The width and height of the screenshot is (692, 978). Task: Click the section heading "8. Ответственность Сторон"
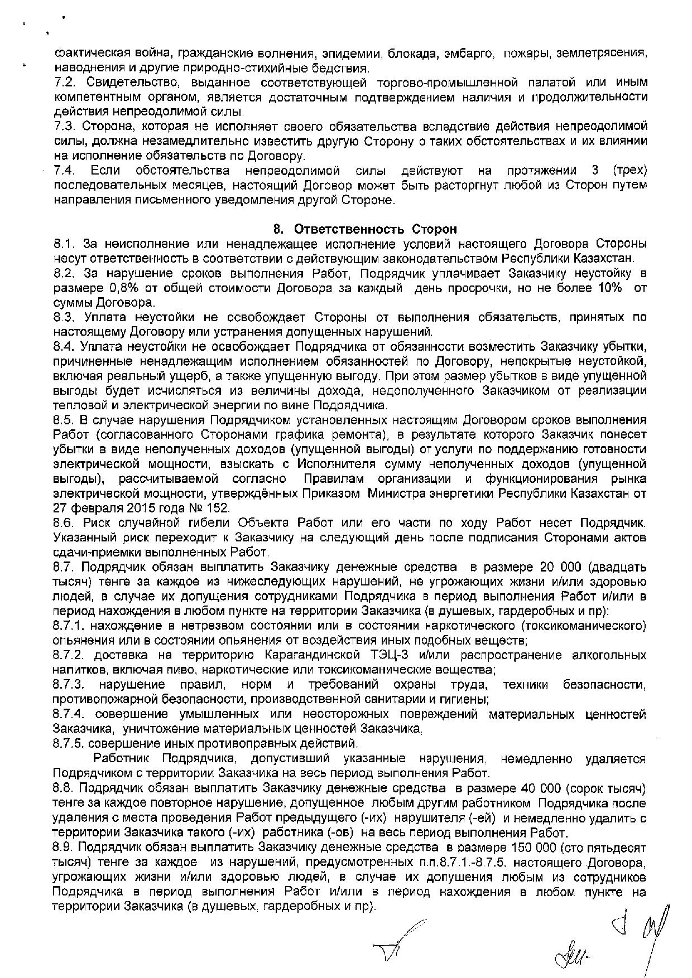point(365,229)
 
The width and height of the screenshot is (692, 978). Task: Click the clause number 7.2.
point(65,83)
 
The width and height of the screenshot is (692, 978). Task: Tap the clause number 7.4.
point(65,170)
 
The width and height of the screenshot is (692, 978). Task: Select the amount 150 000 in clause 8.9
point(534,848)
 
